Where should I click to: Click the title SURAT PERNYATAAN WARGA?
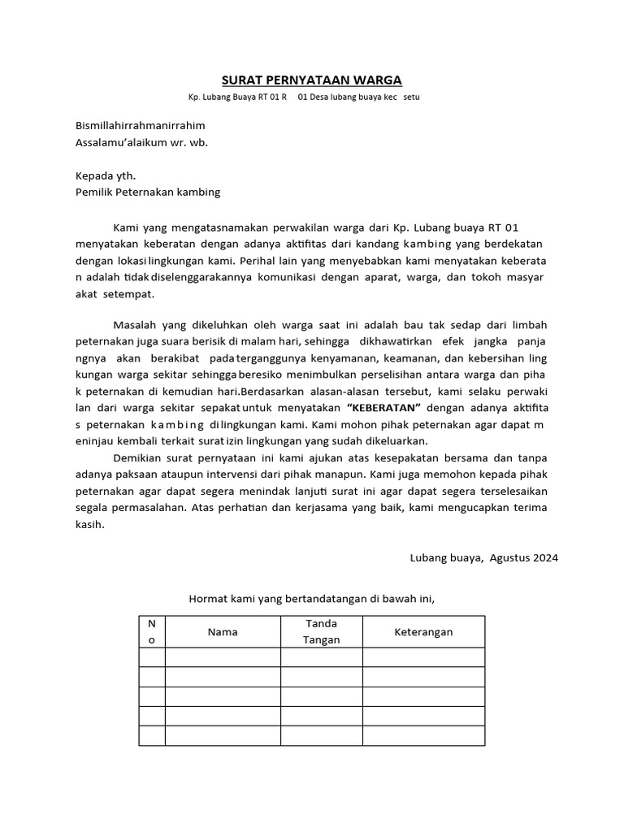coord(312,80)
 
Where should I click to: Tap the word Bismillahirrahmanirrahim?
coord(140,126)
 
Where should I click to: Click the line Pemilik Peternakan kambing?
coord(147,193)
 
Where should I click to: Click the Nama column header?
coord(223,632)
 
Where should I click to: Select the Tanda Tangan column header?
coord(321,631)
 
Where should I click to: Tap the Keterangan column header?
coord(423,632)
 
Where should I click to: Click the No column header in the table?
coord(151,631)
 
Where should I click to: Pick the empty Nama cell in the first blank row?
coord(223,656)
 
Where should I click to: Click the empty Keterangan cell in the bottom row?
coord(423,735)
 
